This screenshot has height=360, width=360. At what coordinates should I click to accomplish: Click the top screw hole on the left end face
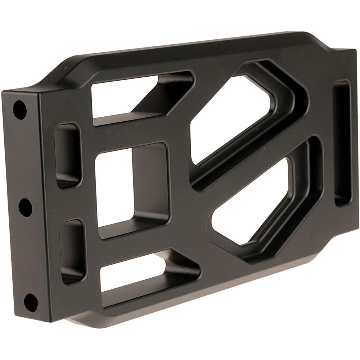(x=20, y=109)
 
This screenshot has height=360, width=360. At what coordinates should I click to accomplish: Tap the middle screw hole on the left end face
(x=25, y=207)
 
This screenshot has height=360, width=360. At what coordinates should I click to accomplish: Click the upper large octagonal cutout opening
(x=230, y=119)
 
